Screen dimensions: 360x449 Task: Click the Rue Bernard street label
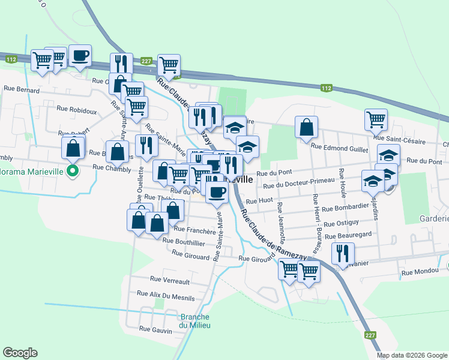[21, 89]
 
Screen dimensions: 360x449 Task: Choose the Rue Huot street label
[259, 201]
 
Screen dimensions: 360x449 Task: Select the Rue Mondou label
[420, 272]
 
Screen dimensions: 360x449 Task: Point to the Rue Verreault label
[169, 280]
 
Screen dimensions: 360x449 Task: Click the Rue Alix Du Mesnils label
[166, 295]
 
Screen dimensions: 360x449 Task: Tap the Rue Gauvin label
[155, 329]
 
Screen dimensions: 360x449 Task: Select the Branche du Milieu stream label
[195, 321]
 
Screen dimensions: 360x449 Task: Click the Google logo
[20, 353]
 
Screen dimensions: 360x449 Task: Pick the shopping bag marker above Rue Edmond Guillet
[306, 127]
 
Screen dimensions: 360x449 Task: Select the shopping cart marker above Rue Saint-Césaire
[375, 119]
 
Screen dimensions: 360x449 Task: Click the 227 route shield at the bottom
[370, 335]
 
